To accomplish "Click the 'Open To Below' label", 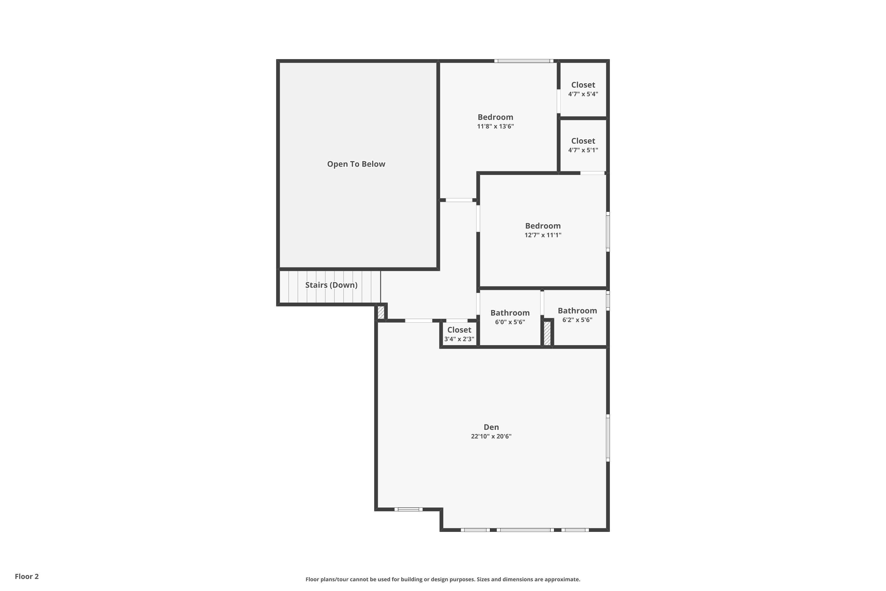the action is [x=356, y=164].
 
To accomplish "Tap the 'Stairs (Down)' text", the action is [x=331, y=285].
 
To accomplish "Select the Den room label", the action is [x=491, y=427].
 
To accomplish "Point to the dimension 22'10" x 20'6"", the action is [x=491, y=436].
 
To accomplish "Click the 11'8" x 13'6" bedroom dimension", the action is [x=495, y=126].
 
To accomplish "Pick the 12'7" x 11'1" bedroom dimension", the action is [x=543, y=235].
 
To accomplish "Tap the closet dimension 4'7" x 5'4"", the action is [x=583, y=94].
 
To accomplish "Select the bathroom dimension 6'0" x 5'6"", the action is [x=510, y=322].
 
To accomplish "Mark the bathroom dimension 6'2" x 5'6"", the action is [x=577, y=320].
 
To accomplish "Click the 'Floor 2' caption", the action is [x=27, y=576].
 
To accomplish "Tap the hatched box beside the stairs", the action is [x=381, y=312].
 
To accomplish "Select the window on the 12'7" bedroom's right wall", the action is [x=608, y=232].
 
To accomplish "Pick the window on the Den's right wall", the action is [x=608, y=438].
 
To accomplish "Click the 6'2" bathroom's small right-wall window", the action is [x=608, y=301].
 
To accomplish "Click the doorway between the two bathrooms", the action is [x=542, y=303].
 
